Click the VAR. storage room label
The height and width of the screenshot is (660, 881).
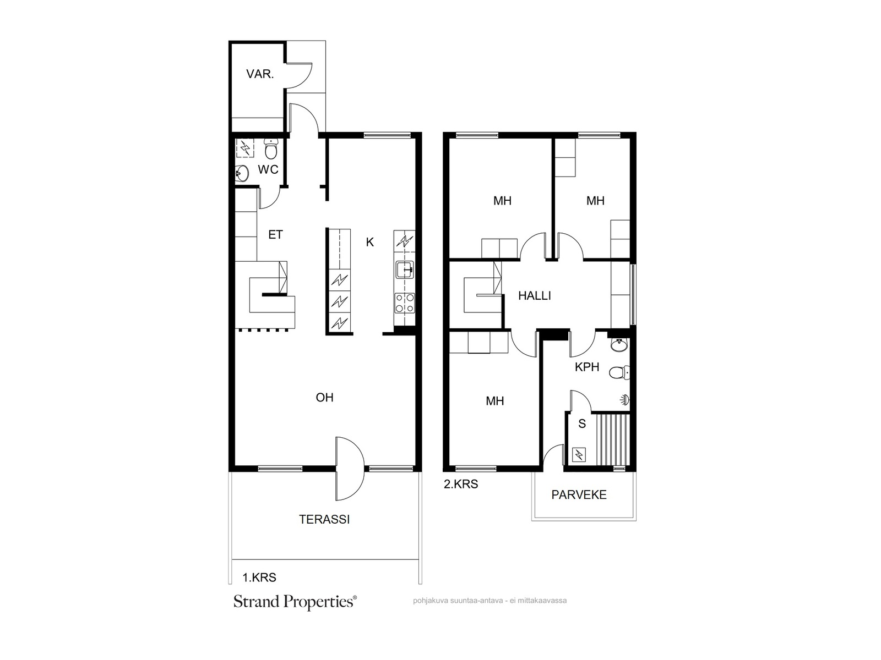(x=260, y=74)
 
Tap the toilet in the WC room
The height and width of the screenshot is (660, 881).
(x=271, y=149)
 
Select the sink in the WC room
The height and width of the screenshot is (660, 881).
(x=242, y=173)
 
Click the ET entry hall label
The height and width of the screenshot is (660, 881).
(x=275, y=235)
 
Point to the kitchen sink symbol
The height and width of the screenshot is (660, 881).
(x=405, y=269)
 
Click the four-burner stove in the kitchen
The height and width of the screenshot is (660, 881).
(x=405, y=303)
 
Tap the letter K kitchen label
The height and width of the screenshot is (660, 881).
(x=369, y=242)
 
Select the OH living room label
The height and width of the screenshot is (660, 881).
(x=324, y=398)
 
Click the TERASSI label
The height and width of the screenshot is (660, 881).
(x=324, y=519)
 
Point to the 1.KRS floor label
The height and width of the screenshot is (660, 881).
(x=259, y=577)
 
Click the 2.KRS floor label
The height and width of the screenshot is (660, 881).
(x=461, y=484)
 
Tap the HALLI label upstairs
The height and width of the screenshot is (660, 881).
(x=535, y=296)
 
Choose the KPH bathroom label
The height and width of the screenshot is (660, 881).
(x=587, y=367)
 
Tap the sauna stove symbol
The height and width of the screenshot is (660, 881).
(x=579, y=455)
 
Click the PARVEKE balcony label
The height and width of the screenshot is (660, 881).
(x=579, y=495)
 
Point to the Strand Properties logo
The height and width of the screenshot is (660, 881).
(x=295, y=602)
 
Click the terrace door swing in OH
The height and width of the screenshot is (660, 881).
(x=350, y=469)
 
